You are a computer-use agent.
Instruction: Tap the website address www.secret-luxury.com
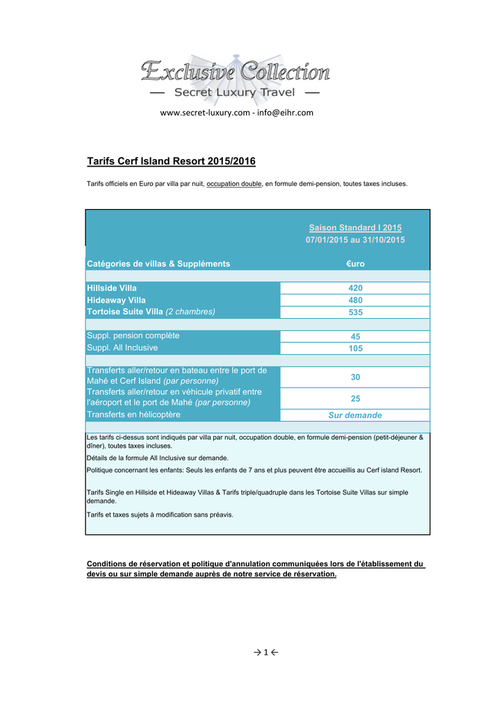pyautogui.click(x=205, y=112)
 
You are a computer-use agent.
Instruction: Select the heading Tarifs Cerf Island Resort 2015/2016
pyautogui.click(x=171, y=162)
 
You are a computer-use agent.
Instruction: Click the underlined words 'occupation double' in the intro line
pyautogui.click(x=234, y=184)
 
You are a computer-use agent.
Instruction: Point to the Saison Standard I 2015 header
pyautogui.click(x=355, y=228)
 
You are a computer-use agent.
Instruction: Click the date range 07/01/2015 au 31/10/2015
pyautogui.click(x=355, y=240)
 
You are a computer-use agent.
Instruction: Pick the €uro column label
pyautogui.click(x=355, y=264)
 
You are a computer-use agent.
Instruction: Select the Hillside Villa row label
pyautogui.click(x=112, y=287)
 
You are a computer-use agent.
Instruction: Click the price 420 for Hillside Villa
pyautogui.click(x=355, y=288)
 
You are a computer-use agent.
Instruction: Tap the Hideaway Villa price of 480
pyautogui.click(x=355, y=301)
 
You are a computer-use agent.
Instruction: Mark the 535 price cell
pyautogui.click(x=355, y=312)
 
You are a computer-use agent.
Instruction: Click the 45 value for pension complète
pyautogui.click(x=355, y=337)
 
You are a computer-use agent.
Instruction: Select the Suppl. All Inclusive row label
pyautogui.click(x=122, y=348)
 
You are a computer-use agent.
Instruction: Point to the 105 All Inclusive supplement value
pyautogui.click(x=355, y=349)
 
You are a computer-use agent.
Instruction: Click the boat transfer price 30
pyautogui.click(x=355, y=377)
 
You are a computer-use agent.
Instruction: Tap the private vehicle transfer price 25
pyautogui.click(x=355, y=399)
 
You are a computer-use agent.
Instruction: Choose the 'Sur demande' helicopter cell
pyautogui.click(x=355, y=415)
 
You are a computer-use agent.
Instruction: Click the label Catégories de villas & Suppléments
pyautogui.click(x=158, y=264)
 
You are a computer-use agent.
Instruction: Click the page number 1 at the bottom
pyautogui.click(x=265, y=652)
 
